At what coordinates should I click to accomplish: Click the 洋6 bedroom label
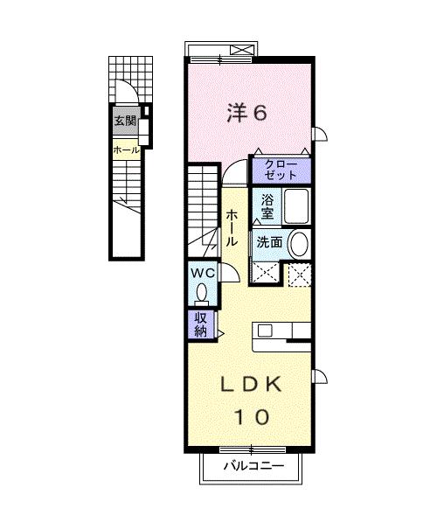pyautogui.click(x=246, y=113)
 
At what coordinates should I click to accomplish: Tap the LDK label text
pyautogui.click(x=252, y=385)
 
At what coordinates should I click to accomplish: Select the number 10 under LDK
pyautogui.click(x=252, y=417)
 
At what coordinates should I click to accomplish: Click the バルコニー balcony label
pyautogui.click(x=253, y=465)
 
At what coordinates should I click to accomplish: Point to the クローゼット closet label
pyautogui.click(x=281, y=170)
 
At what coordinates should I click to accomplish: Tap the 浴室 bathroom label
pyautogui.click(x=267, y=206)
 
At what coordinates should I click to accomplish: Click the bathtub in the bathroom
pyautogui.click(x=296, y=206)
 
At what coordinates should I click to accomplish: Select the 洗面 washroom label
pyautogui.click(x=269, y=242)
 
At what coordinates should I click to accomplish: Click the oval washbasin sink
pyautogui.click(x=299, y=244)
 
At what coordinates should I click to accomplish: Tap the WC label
pyautogui.click(x=203, y=274)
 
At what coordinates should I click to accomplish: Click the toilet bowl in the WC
pyautogui.click(x=202, y=293)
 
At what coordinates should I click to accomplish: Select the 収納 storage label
pyautogui.click(x=201, y=324)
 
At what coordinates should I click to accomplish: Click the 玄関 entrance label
pyautogui.click(x=125, y=121)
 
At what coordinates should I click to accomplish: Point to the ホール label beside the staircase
pyautogui.click(x=232, y=228)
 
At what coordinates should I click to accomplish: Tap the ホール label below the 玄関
pyautogui.click(x=126, y=150)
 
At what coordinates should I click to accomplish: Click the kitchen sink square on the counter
pyautogui.click(x=266, y=331)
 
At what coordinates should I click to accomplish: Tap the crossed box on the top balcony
pyautogui.click(x=243, y=50)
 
